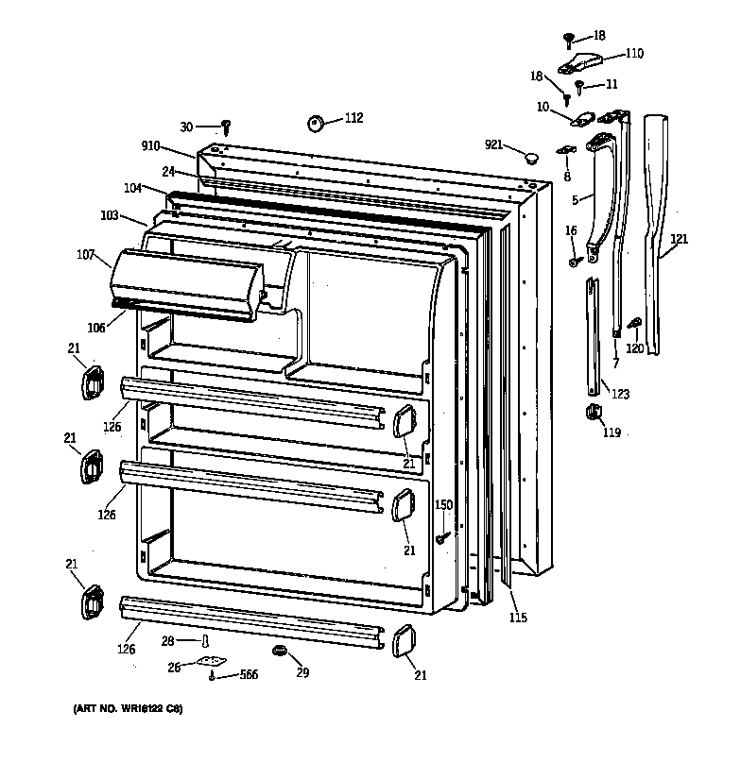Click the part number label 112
[353, 118]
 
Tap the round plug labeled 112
[316, 123]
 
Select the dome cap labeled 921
[532, 155]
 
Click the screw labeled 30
[227, 127]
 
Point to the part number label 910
[151, 147]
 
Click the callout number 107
[87, 253]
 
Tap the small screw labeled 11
[579, 86]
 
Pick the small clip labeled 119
[594, 412]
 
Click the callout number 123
[620, 394]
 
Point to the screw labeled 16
[574, 262]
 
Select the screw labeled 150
[441, 536]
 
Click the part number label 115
[518, 618]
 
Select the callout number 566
[249, 674]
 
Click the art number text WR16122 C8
[127, 709]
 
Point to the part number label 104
[132, 188]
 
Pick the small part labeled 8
[566, 150]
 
